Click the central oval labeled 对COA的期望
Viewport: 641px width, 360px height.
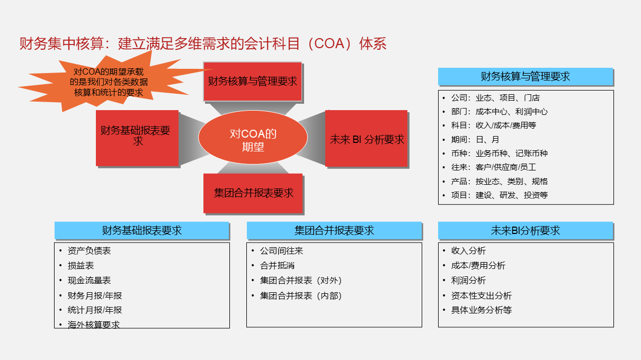253,137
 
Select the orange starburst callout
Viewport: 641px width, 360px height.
112,82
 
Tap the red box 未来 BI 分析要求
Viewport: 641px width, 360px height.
366,139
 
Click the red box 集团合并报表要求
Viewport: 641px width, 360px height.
253,193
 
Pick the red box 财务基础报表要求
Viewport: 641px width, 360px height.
137,138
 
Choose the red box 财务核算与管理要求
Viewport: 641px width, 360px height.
253,82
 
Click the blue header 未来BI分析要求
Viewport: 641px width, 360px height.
526,230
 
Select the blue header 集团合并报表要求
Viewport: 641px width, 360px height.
334,230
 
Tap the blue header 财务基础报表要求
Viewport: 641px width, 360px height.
141,230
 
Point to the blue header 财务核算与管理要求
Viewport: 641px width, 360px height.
526,76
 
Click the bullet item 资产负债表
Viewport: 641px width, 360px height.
89,251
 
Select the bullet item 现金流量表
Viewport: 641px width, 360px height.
89,281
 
